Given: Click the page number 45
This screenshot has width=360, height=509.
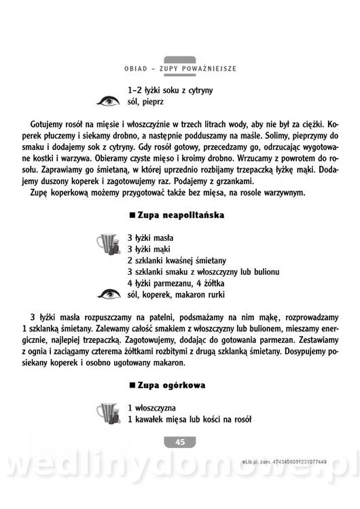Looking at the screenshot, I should pyautogui.click(x=179, y=442).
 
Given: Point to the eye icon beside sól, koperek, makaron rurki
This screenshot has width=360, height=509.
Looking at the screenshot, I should pyautogui.click(x=108, y=294).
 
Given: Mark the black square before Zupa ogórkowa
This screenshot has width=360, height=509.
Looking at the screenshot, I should pyautogui.click(x=132, y=385).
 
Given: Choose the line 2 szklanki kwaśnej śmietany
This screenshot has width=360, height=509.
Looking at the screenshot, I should pyautogui.click(x=177, y=261).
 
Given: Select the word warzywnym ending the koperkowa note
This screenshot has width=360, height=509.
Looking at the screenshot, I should pyautogui.click(x=284, y=193).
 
